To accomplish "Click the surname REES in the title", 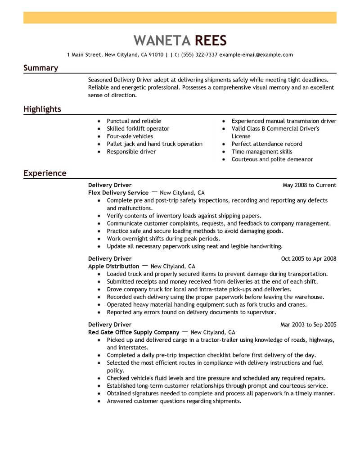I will tap(211, 41).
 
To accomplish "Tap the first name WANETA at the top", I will tap(162, 41).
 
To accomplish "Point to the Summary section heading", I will tap(40, 68).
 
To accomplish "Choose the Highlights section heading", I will tap(42, 109).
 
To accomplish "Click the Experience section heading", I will tap(45, 173).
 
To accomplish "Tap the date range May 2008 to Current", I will tap(309, 185).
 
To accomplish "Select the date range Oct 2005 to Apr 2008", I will tap(309, 259).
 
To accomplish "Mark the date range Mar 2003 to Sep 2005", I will tap(308, 325).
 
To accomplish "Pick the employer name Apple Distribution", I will tap(113, 266).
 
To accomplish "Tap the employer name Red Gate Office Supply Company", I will tap(134, 332).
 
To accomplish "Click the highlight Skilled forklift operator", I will tap(138, 129).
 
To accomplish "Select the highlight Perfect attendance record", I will tap(267, 144).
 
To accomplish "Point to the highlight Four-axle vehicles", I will tap(130, 136).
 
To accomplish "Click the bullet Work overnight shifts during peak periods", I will tap(163, 239).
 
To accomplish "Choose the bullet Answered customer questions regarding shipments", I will tap(174, 401).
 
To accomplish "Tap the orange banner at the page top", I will tap(180, 18).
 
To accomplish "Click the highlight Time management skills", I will tap(262, 152).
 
